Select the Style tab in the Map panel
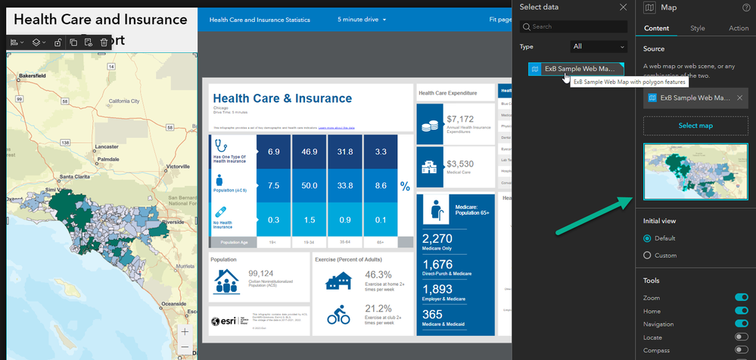pyautogui.click(x=698, y=28)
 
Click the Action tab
pyautogui.click(x=738, y=28)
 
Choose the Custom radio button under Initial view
pyautogui.click(x=647, y=256)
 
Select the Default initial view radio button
pyautogui.click(x=647, y=238)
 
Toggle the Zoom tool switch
pyautogui.click(x=741, y=298)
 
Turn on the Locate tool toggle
pyautogui.click(x=741, y=337)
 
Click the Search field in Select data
pyautogui.click(x=575, y=26)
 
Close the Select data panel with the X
pyautogui.click(x=623, y=7)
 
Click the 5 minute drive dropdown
pyautogui.click(x=362, y=19)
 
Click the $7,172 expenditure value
pyautogui.click(x=460, y=119)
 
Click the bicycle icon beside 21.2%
pyautogui.click(x=338, y=316)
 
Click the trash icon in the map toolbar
pyautogui.click(x=104, y=42)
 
